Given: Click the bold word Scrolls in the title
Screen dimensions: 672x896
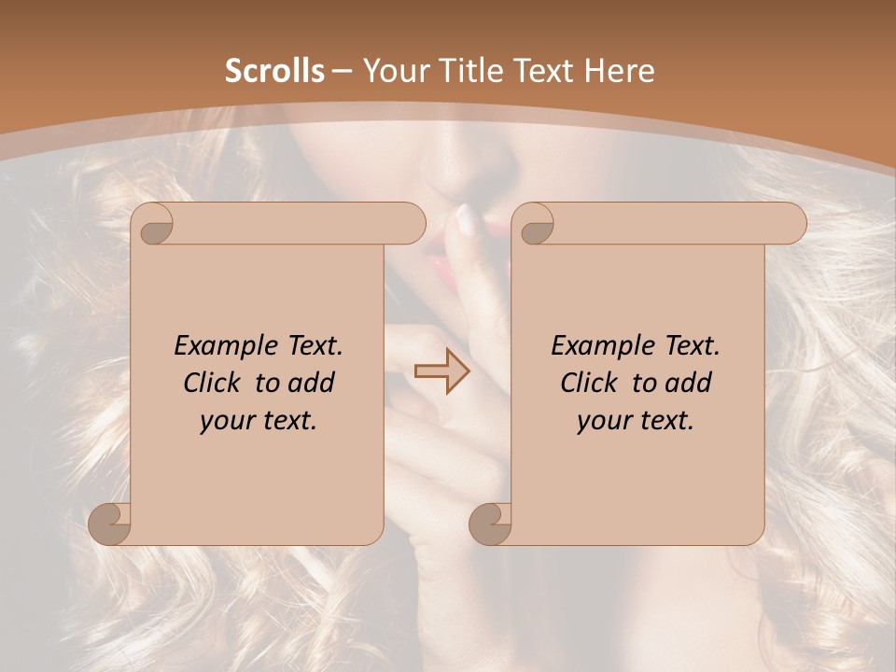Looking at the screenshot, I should (x=274, y=71).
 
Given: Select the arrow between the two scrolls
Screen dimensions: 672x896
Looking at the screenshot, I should (x=442, y=371).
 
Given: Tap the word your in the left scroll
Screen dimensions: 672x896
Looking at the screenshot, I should (x=225, y=421).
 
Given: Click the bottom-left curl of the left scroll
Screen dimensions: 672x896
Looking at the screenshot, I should (x=111, y=523).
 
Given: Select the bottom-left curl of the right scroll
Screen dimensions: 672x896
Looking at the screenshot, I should (x=491, y=523).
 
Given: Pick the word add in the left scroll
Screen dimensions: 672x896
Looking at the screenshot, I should (x=312, y=383).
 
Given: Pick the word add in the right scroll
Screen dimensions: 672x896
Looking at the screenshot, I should (x=689, y=383).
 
